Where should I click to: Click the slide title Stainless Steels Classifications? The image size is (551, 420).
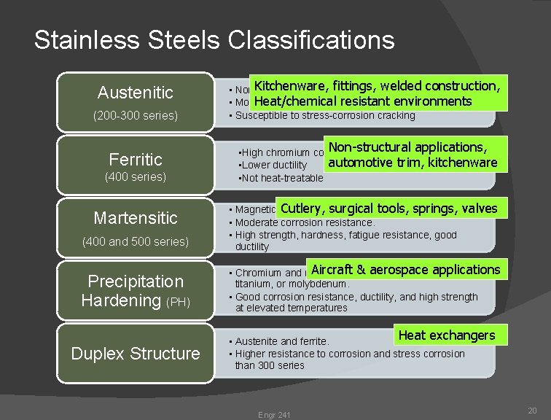coord(214,40)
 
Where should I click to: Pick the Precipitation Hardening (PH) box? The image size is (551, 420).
coord(135,289)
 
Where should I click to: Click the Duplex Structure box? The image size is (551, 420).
coord(135,354)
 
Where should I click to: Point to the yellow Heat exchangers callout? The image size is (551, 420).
coord(446,335)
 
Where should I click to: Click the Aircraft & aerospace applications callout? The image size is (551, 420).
coord(405,270)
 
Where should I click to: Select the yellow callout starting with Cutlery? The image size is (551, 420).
coord(388,209)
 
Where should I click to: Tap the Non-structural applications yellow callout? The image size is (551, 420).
coord(413,154)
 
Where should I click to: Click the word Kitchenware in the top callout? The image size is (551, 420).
coord(290,86)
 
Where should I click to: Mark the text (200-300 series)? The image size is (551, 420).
coord(135,115)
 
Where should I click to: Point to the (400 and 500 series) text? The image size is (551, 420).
coord(135,241)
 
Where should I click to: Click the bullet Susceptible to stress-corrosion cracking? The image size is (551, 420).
coord(324,115)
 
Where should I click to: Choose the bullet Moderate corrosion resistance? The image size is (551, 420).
coord(305,222)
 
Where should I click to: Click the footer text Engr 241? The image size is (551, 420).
coord(273,415)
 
